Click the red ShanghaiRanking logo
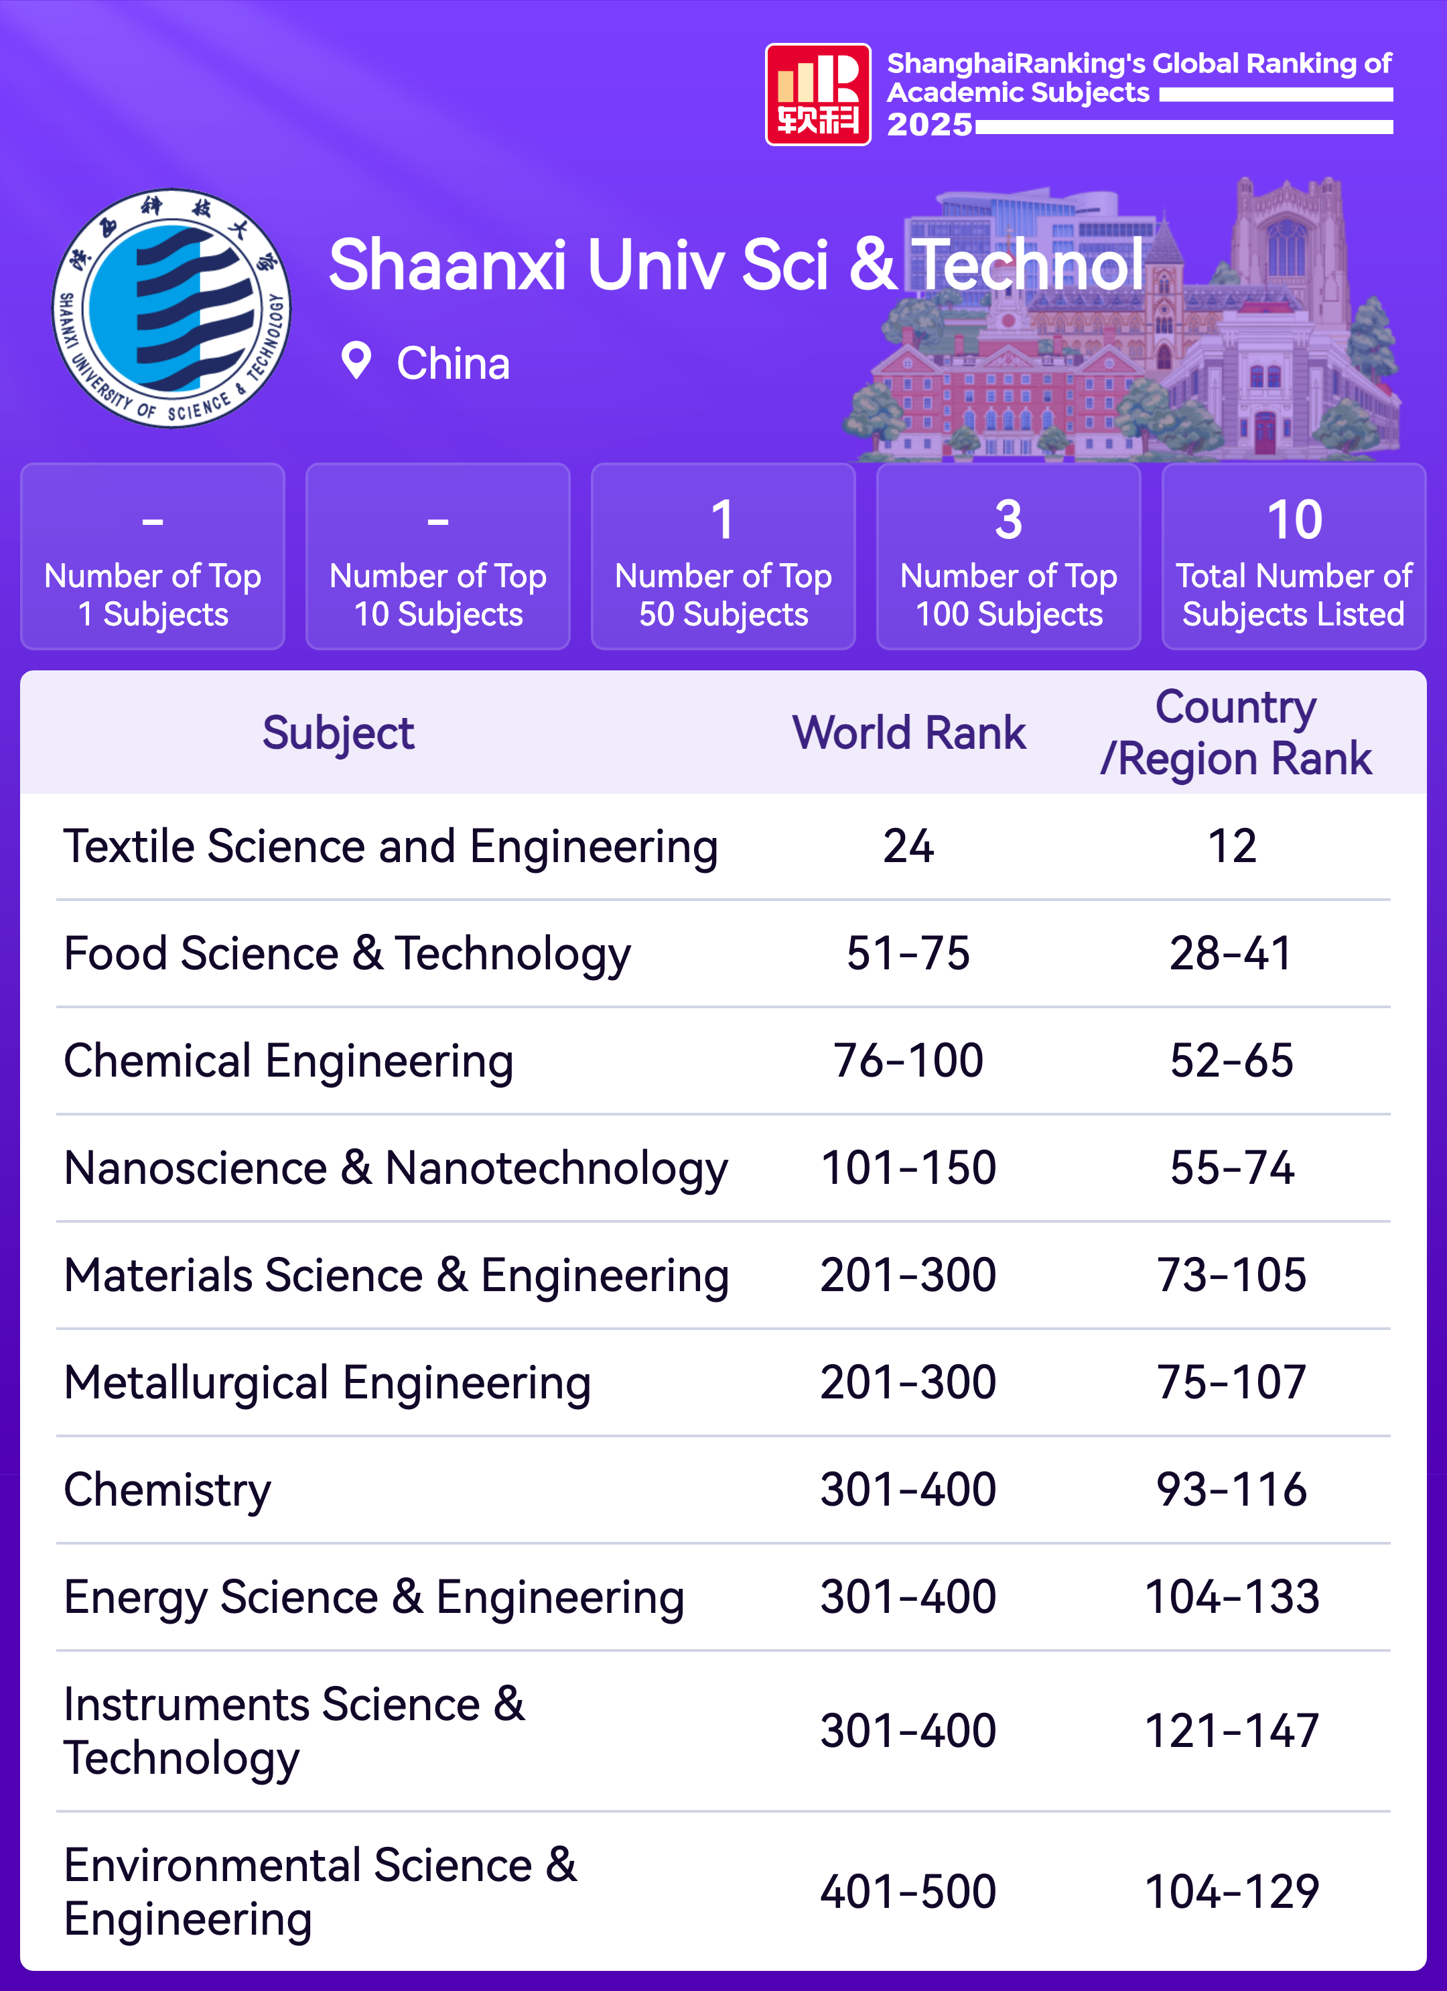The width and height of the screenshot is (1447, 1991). tap(818, 95)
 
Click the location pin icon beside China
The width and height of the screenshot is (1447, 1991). tap(356, 361)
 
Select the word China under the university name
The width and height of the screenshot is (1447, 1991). tap(453, 363)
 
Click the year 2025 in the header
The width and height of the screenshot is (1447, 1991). tap(929, 125)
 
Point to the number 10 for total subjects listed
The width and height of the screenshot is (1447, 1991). tap(1294, 520)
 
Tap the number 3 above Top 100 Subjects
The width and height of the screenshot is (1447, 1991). tap(1008, 520)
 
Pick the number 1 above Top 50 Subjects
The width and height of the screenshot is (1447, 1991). tap(722, 520)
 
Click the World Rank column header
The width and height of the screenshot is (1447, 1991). tap(908, 732)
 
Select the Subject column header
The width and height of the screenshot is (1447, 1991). tap(338, 733)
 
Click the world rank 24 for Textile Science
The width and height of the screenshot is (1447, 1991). tap(908, 846)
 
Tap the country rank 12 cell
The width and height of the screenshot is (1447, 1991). tap(1232, 846)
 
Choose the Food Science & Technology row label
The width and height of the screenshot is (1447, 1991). tap(348, 953)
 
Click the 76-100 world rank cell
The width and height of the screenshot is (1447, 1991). tap(908, 1061)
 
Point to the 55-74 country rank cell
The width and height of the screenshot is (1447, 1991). tap(1232, 1168)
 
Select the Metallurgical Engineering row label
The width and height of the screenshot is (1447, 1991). tap(328, 1382)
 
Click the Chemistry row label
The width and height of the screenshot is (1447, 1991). tap(167, 1490)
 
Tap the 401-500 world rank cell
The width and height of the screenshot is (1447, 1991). tap(908, 1892)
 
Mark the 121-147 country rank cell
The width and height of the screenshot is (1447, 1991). tap(1232, 1731)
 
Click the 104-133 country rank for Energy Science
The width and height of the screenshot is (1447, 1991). tap(1232, 1597)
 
